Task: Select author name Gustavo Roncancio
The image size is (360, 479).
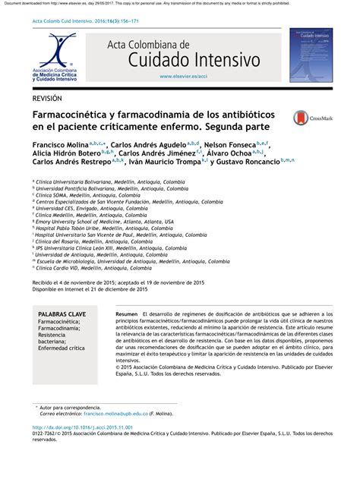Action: [x=245, y=161]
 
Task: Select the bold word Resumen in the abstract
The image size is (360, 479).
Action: [x=127, y=314]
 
